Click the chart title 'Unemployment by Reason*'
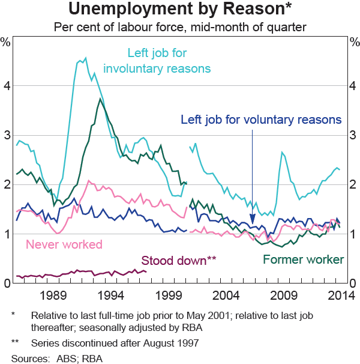180,10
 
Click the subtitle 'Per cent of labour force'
180,28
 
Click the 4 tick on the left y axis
8,86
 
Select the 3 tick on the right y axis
352,135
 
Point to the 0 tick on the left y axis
8,284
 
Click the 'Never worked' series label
64,244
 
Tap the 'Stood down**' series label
178,260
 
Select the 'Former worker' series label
304,259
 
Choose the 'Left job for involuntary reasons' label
157,60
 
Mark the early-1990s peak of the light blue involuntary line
85,58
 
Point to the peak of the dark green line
100,99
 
